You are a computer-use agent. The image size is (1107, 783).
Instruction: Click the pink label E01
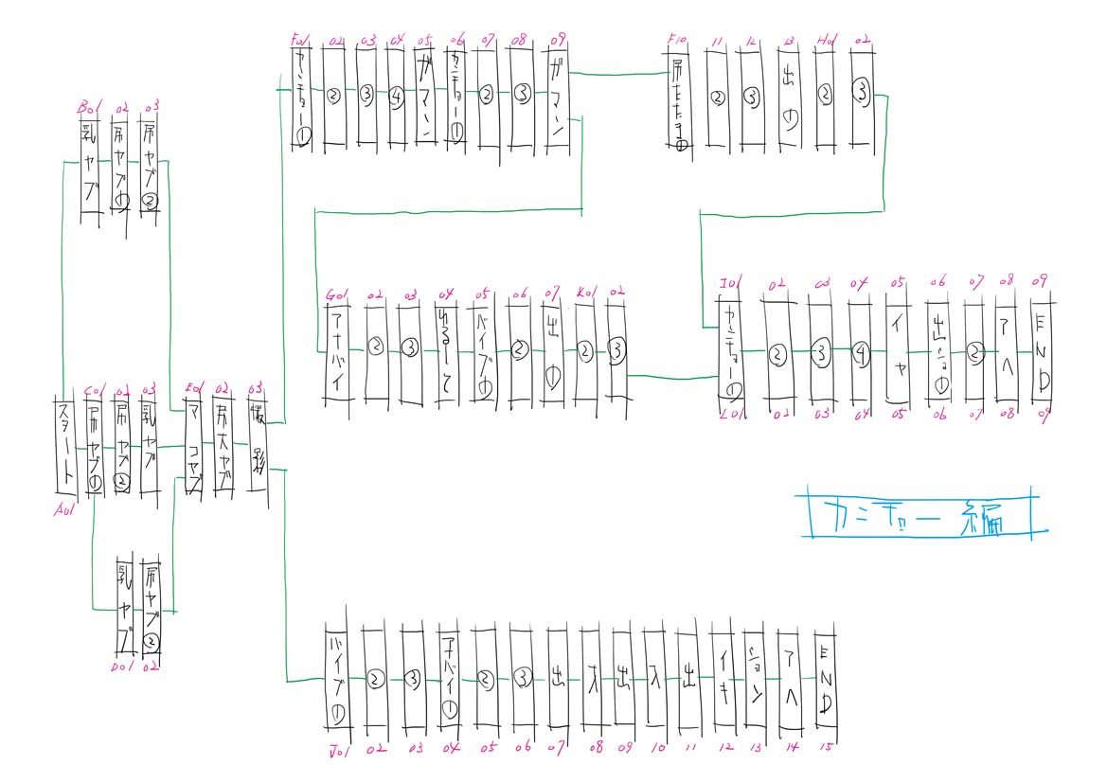[x=195, y=387]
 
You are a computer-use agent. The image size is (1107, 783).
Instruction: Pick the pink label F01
[x=302, y=41]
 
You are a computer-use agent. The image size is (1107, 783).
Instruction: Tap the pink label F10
[x=677, y=41]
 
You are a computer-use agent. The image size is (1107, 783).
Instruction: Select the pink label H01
[x=827, y=42]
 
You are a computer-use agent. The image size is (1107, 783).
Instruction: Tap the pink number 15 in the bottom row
[x=827, y=748]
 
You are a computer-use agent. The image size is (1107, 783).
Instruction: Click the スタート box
[x=65, y=445]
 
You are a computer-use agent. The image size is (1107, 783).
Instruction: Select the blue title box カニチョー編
[x=917, y=514]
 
